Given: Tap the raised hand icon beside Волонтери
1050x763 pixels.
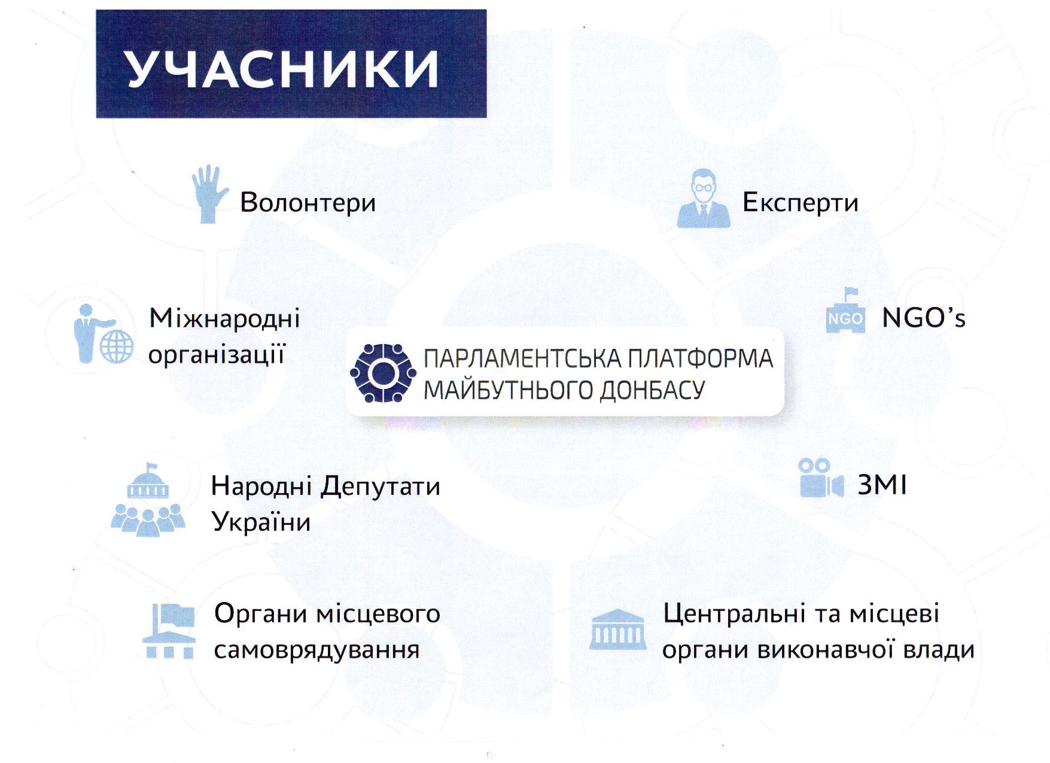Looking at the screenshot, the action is [x=209, y=194].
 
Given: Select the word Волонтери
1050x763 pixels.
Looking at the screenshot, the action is [x=308, y=202].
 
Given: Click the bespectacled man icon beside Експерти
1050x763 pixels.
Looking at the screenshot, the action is [x=704, y=198].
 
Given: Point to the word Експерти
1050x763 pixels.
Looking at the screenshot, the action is [x=801, y=203].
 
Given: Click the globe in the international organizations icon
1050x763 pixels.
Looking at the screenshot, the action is [x=117, y=346].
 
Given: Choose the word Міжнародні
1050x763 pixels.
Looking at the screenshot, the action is [x=224, y=318].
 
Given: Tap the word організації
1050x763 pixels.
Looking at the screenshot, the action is [x=217, y=354].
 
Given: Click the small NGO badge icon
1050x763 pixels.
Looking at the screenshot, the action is [x=845, y=311].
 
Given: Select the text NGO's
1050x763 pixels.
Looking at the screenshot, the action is [x=924, y=318].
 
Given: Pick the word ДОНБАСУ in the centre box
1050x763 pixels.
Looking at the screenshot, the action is [x=652, y=390].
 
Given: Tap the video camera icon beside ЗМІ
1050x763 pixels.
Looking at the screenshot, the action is [x=821, y=478].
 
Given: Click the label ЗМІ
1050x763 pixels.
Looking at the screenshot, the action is [x=882, y=485].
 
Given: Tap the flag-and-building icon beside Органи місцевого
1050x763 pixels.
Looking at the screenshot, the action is [x=169, y=631].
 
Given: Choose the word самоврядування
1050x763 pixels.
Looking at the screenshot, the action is [x=316, y=650].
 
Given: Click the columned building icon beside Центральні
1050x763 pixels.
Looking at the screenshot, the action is [x=617, y=630].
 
